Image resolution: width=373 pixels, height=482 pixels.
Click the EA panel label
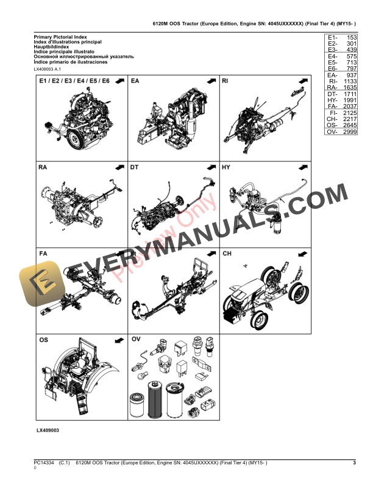coord(135,80)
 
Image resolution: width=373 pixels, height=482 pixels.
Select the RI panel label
coord(226,80)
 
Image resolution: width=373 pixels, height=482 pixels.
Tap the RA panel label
coord(44,167)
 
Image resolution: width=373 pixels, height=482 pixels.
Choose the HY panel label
coord(226,167)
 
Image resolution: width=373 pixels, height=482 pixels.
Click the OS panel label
coord(44,339)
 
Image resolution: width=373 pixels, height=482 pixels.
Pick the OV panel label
coord(136,339)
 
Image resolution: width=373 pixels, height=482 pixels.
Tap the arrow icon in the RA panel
coord(119,167)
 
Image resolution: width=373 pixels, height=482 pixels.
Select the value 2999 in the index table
coord(349,131)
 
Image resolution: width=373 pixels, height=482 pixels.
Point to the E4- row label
coord(332,55)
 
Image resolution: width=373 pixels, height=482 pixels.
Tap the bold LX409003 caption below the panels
coord(48,430)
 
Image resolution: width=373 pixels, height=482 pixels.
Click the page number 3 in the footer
coord(354,464)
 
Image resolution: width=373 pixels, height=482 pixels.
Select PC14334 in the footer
coord(44,464)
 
